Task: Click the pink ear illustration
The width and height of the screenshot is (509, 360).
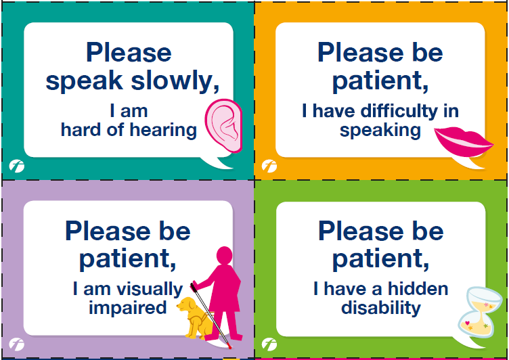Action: (x=223, y=126)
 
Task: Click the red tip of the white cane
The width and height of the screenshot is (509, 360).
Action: (x=230, y=348)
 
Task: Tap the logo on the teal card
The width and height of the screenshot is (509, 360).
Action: (x=16, y=166)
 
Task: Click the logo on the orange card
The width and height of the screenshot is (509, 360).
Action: (x=269, y=166)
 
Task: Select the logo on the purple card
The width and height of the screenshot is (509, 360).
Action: (x=16, y=344)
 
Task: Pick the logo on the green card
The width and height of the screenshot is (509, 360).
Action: (x=269, y=344)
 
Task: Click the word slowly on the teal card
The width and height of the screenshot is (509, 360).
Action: (x=175, y=81)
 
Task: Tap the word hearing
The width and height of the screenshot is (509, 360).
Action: (x=163, y=131)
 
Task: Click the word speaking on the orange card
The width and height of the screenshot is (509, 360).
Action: (x=380, y=131)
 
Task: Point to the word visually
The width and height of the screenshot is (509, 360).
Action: (x=150, y=290)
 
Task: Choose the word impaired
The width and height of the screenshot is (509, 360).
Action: (x=127, y=309)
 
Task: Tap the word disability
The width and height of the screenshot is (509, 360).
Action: (x=381, y=309)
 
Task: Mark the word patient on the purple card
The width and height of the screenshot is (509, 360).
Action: (x=128, y=259)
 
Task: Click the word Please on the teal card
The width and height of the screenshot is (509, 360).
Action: (x=129, y=52)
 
